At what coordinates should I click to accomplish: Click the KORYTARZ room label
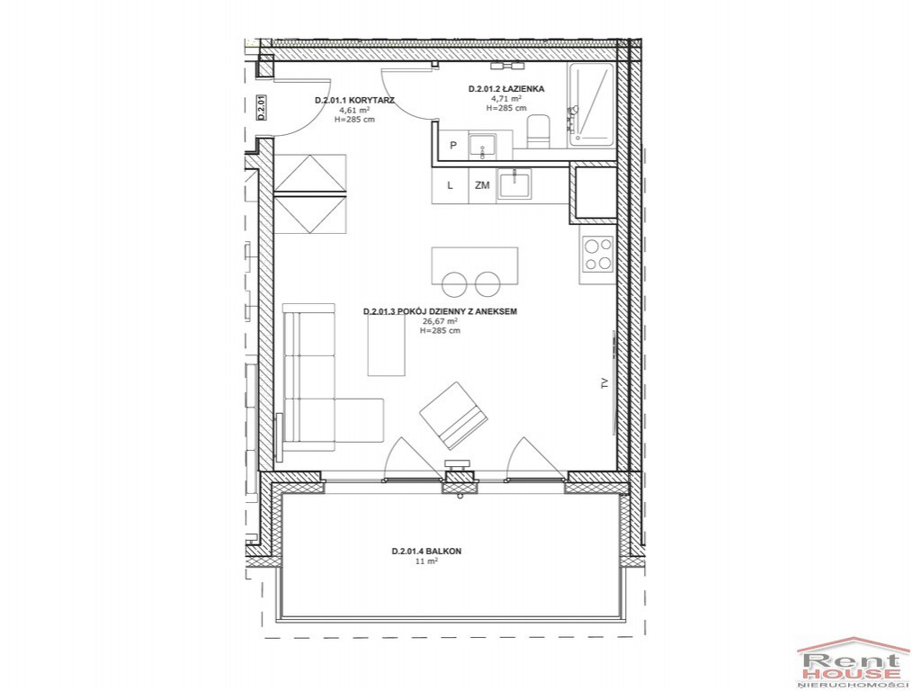tap(354, 100)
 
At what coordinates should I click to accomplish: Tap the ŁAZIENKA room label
tap(506, 89)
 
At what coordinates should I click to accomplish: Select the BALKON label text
tap(426, 552)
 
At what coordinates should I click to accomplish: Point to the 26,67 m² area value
tap(440, 321)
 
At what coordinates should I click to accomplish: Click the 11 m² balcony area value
tap(426, 561)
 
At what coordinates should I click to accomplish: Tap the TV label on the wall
tap(604, 382)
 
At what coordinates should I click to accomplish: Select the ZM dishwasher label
tap(482, 185)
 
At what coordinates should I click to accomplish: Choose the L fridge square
tap(451, 185)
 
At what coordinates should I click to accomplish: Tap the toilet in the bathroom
tap(538, 131)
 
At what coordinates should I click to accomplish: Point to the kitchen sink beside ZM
tap(514, 185)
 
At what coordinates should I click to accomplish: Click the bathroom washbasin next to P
tap(483, 146)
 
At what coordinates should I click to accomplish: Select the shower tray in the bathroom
tap(591, 104)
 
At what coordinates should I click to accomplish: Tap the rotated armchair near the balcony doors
tap(453, 416)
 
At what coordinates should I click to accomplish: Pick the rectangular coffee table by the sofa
tap(386, 344)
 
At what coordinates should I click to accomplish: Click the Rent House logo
tap(853, 662)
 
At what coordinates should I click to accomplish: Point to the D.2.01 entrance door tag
tap(262, 109)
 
